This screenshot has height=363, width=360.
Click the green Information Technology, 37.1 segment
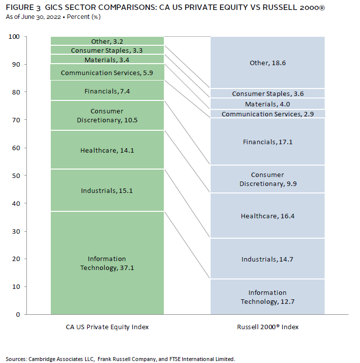tap(108, 263)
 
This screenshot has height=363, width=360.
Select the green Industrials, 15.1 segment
tap(108, 190)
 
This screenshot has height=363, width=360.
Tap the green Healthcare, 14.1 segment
tap(108, 150)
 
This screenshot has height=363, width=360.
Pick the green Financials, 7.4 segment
tap(108, 91)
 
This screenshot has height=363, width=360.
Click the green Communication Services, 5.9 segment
tap(108, 72)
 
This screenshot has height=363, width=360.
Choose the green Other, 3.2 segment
tap(108, 41)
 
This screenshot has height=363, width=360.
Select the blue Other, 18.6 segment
tap(267, 62)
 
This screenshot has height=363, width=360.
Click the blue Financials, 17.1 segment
tap(267, 141)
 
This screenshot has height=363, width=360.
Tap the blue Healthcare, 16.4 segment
tap(267, 215)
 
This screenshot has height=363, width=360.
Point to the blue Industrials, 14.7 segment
tap(267, 259)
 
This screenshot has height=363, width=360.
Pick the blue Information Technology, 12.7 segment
tap(267, 297)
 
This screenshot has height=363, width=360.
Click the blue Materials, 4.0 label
tap(267, 104)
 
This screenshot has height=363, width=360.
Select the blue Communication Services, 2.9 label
tap(267, 114)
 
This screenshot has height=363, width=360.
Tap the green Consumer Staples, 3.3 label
tap(107, 50)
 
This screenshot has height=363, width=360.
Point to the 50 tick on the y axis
tap(25, 176)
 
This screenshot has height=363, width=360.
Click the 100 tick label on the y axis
tap(14, 37)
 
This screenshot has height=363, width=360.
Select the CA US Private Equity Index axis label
tap(107, 327)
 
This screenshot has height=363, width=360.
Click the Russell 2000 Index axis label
tap(267, 327)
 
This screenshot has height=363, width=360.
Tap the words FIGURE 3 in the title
tap(23, 7)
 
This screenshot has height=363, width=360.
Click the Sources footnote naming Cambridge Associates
tap(120, 359)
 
